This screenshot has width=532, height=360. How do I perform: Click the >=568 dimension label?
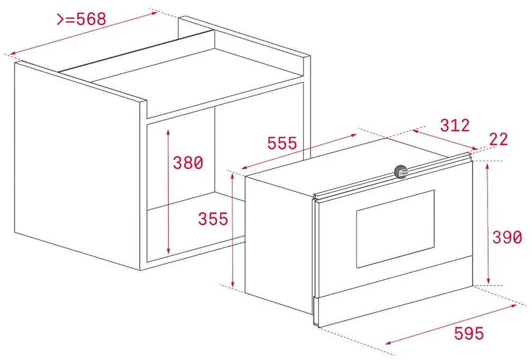click(x=81, y=19)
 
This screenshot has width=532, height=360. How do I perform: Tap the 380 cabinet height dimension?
click(x=188, y=163)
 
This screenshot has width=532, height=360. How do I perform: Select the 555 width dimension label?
click(x=282, y=143)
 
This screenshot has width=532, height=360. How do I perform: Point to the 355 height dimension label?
click(x=213, y=219)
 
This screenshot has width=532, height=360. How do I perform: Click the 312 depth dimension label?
click(x=455, y=125)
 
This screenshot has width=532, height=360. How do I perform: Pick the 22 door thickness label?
click(x=498, y=139)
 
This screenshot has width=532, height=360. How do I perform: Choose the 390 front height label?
click(x=507, y=237)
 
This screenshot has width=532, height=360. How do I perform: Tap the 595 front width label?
click(x=469, y=333)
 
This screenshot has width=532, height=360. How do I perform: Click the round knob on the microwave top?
click(x=401, y=171)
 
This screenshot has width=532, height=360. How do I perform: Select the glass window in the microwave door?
click(x=396, y=229)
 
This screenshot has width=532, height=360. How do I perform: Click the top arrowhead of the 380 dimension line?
click(x=168, y=131)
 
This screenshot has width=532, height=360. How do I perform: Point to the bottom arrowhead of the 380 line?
click(x=168, y=251)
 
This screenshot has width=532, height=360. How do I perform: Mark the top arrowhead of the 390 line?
click(x=488, y=166)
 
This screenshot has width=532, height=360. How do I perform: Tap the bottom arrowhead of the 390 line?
click(x=488, y=280)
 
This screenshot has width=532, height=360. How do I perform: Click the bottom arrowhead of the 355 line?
click(x=233, y=283)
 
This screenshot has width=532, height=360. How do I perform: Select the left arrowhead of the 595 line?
click(x=389, y=343)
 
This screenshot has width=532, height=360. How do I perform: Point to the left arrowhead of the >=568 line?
click(x=13, y=54)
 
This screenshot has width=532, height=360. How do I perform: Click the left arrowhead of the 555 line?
click(x=244, y=168)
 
